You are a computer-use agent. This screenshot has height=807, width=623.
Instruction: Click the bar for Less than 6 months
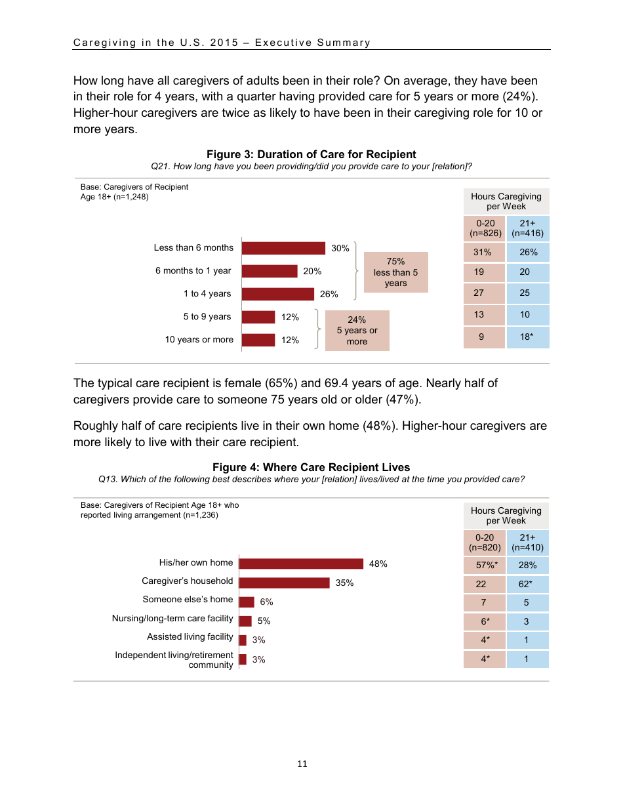pos(283,248)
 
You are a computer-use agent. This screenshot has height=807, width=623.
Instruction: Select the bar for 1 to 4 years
pos(277,294)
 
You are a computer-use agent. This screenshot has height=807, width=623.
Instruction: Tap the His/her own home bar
pos(301,564)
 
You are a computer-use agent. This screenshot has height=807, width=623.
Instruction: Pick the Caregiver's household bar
pos(284,583)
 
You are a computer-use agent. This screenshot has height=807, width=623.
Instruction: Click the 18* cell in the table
pos(527,337)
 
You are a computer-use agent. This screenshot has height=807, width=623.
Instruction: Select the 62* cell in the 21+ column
pos(527,583)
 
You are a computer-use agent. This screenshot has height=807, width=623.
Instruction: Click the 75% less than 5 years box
pos(395,272)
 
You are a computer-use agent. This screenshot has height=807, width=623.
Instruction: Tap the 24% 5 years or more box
pos(357,331)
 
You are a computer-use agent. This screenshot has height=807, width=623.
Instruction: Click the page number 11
pos(302,764)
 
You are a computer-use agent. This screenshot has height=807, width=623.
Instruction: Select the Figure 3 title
pos(311,155)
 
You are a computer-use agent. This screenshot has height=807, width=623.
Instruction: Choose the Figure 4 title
pos(311,468)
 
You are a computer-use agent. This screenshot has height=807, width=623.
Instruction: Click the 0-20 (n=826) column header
pos(485,228)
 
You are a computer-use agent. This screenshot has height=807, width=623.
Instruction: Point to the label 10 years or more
pos(199,340)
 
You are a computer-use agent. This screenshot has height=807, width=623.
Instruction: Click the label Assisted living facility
pos(190,637)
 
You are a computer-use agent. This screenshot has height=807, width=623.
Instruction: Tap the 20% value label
pos(312,271)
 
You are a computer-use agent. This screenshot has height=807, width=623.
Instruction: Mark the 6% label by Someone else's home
pos(266,602)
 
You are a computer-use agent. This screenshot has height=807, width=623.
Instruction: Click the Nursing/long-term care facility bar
pos(245,621)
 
